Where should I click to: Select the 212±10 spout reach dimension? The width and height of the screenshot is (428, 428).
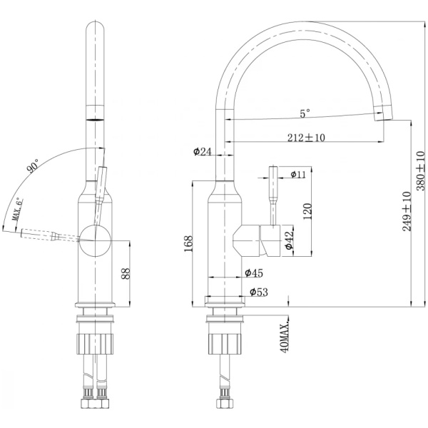coord(306,138)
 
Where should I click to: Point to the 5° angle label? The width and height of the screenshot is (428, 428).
coord(305,113)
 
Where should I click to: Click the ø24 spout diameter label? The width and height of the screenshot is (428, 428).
coord(203,151)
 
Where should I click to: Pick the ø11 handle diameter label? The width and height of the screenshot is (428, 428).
coord(298,174)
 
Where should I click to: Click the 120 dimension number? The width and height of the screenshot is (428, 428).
coord(307,211)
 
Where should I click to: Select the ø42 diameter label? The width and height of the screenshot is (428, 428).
coord(289,240)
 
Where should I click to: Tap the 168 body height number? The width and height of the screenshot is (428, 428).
coord(188,243)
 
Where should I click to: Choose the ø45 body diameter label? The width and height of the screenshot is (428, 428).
coord(253,272)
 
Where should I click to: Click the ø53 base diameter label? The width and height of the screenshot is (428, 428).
coord(259,292)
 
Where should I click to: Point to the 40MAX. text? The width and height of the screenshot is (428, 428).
coord(285,335)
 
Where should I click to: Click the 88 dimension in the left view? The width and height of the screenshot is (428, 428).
coord(126,273)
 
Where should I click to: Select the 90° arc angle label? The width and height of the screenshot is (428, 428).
coord(33,166)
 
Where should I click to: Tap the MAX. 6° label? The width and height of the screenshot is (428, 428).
coord(17,209)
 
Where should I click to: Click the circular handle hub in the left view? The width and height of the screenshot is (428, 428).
coord(95,241)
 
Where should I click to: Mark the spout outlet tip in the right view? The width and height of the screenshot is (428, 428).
coord(383,120)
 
